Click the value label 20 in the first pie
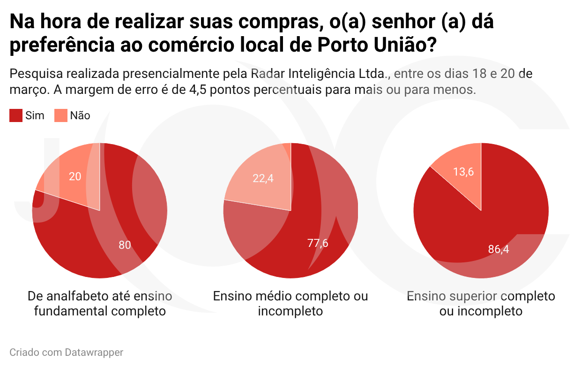pos(75,176)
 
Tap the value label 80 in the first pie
pos(125,245)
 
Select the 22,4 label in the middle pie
pos(263,178)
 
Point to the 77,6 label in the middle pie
pos(318,243)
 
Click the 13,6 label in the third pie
pos(463,172)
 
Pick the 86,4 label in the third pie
pos(499,249)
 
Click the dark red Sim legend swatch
pos(16,115)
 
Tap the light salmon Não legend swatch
pos(61,115)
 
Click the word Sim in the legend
pos(35,115)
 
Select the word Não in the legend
pos(80,115)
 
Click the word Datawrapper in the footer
pos(94,353)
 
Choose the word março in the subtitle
pos(28,90)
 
